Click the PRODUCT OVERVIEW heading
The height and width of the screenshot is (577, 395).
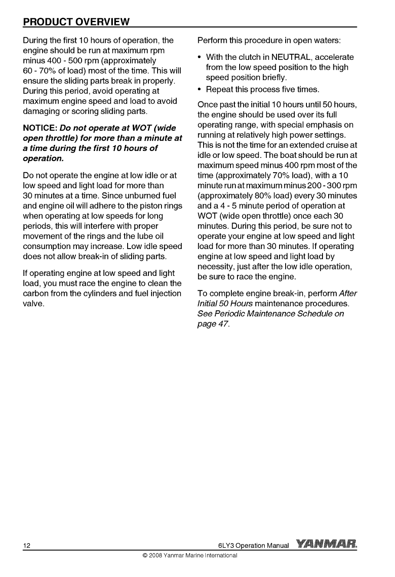[x=76, y=21]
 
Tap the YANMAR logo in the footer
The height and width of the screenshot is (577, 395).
[x=326, y=544]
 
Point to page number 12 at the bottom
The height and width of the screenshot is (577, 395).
[x=26, y=545]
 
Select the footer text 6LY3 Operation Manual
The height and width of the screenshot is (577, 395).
[x=254, y=545]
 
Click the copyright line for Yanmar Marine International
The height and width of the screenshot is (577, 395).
[x=187, y=555]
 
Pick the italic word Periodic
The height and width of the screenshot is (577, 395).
[x=234, y=314]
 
